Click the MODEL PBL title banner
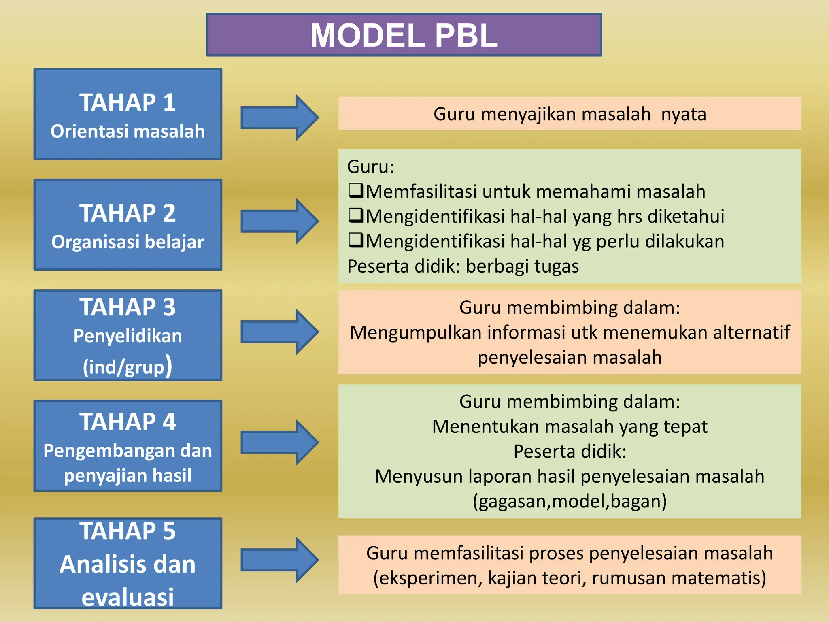[404, 35]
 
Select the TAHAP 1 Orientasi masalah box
[128, 114]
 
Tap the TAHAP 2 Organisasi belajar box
[128, 225]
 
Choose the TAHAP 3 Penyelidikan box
[128, 335]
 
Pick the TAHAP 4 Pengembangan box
[128, 446]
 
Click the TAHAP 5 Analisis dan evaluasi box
[128, 563]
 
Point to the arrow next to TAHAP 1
[279, 117]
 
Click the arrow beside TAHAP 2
[279, 221]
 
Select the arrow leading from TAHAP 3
[279, 332]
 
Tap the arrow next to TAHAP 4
[279, 442]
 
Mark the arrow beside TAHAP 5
[279, 560]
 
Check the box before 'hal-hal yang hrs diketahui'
[356, 215]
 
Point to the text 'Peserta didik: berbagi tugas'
[463, 266]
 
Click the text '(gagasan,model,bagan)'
[570, 501]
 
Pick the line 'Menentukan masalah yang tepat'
[570, 427]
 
